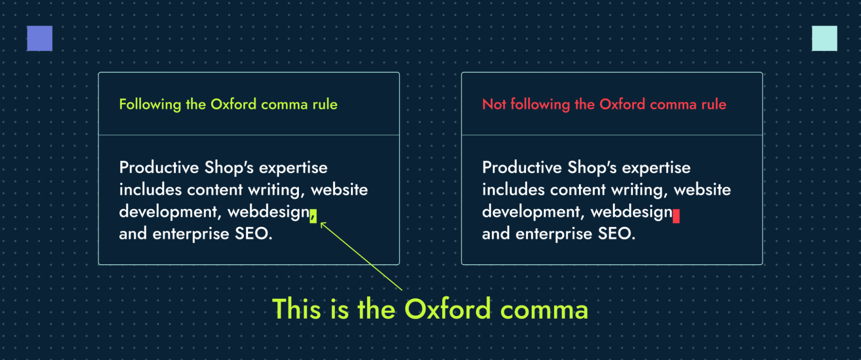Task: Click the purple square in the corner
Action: pos(40,38)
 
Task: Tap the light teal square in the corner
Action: pos(824,38)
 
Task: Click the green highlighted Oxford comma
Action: pos(313,216)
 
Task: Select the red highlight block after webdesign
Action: pos(676,216)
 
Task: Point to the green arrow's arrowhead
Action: pos(323,224)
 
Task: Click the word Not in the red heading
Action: pos(494,104)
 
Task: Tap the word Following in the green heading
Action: pos(150,104)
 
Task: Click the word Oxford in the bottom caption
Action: pos(448,309)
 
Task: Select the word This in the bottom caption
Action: pos(296,309)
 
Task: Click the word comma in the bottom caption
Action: pos(544,310)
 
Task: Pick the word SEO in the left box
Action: pos(253,234)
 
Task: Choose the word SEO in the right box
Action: pos(616,234)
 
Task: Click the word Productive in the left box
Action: pos(159,168)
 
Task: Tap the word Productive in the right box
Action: pos(522,168)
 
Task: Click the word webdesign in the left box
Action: pos(268,212)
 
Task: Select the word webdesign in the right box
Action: pos(631,212)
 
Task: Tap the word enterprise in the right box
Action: pos(554,234)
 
